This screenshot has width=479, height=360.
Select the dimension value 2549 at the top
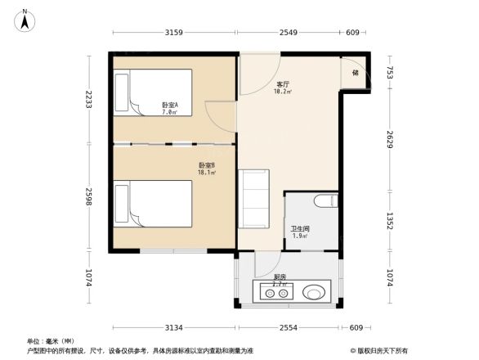tap(288, 33)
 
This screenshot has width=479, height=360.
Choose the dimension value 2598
tap(88, 199)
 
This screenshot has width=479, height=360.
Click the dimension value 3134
tap(172, 327)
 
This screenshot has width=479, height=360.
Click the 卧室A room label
tap(170, 107)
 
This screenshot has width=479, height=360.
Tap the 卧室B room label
tap(207, 168)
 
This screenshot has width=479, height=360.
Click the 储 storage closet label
tap(356, 73)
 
